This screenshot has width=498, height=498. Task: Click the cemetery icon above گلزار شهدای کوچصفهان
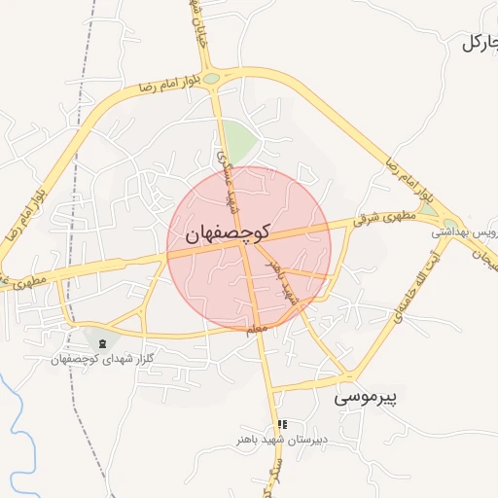tap(102, 343)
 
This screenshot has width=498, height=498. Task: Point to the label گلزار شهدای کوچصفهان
tap(103, 359)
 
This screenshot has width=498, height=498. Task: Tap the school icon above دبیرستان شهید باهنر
tap(282, 424)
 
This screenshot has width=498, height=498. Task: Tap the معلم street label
tap(256, 330)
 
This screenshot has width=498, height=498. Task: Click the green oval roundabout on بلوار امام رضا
tap(212, 78)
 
